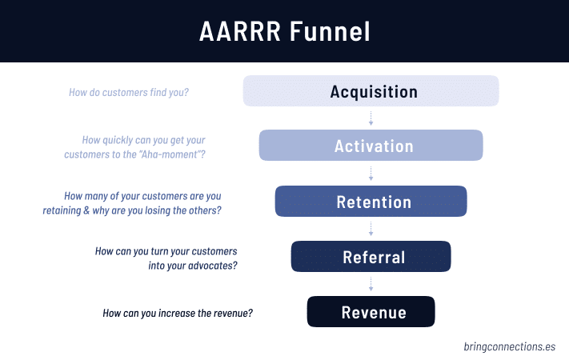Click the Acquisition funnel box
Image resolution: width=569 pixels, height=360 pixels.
371,91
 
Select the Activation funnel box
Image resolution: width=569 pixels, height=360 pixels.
371,146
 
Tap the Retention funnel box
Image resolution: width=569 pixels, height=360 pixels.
371,202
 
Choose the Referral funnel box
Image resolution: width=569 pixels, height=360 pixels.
371,257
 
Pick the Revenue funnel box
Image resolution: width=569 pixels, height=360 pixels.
371,312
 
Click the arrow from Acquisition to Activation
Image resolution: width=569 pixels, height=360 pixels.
371,118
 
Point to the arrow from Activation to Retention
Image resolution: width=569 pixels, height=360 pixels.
371,174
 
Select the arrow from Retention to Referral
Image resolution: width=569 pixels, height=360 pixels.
371,229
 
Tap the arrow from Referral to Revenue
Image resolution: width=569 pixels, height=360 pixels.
371,284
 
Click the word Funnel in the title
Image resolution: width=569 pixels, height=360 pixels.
335,32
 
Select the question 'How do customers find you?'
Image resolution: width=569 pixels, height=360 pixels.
129,92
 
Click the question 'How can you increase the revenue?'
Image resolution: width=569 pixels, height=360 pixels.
178,313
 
